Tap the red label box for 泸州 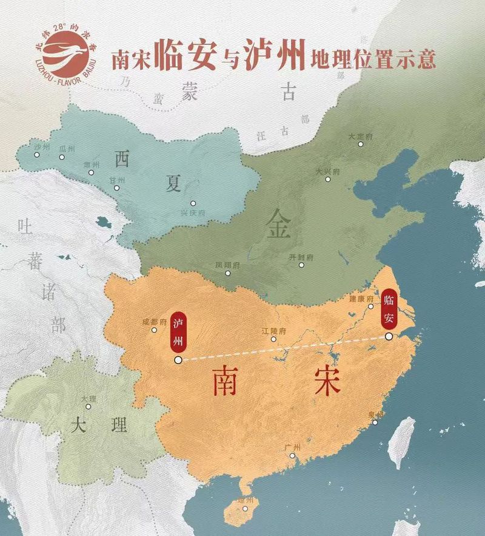[178, 332]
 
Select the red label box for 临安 [388, 308]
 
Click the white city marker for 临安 [388, 336]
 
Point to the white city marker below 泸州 [178, 360]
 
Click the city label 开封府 [301, 257]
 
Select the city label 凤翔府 [227, 265]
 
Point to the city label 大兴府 [328, 172]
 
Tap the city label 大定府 [360, 137]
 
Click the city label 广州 [292, 447]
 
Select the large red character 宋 [327, 379]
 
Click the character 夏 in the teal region [174, 183]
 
